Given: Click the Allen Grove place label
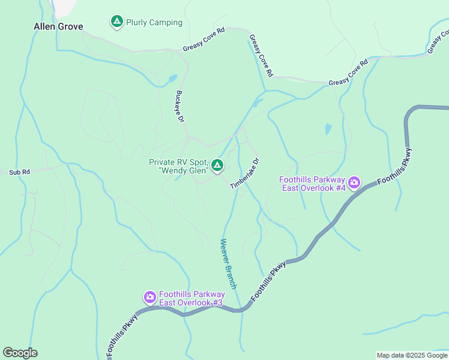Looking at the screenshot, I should click(58, 26).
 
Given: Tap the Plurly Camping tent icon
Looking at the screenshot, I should click(116, 22).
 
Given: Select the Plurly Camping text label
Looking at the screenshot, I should click(154, 23).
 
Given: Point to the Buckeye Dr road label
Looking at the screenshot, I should click(179, 107).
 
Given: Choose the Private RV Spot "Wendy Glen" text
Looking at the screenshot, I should click(178, 166).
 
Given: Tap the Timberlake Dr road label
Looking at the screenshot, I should click(246, 174).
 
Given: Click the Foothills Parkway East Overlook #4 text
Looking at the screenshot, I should click(313, 184).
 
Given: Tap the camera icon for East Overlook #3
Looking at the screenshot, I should click(149, 297).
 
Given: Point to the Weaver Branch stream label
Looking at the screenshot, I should click(229, 263).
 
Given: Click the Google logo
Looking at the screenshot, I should click(20, 353).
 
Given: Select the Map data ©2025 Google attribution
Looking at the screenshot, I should click(412, 355).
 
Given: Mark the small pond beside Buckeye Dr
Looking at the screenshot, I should click(173, 79).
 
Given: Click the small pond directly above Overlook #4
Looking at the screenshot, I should click(328, 129).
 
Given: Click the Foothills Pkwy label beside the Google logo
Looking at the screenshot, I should click(122, 336).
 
